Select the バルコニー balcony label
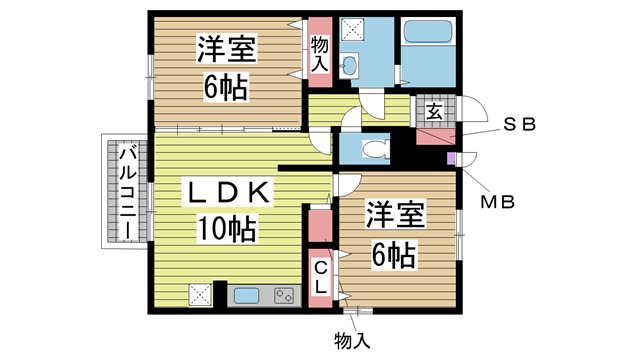(129, 193)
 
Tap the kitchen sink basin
(248, 296)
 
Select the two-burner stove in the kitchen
(284, 296)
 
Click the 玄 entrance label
(435, 110)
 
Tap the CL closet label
(321, 276)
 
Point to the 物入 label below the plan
(351, 340)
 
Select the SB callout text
(519, 126)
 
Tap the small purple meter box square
(451, 158)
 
